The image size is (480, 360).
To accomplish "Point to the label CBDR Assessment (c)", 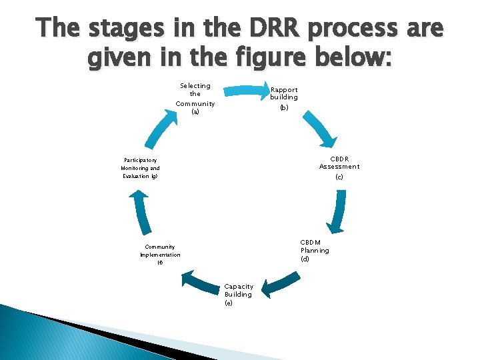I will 339,167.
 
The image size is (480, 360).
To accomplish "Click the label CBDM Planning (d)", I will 314,250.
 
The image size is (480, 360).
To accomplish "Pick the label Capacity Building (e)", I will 239,294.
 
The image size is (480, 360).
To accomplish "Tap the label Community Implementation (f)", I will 160,255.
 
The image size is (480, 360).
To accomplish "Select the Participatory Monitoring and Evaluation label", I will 141,168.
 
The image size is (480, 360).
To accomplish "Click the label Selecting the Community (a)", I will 195,99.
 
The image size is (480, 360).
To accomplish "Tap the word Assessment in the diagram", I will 339,167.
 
